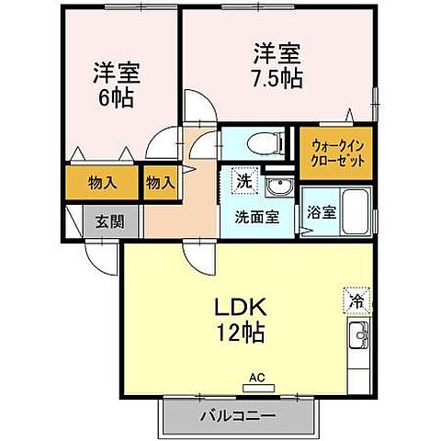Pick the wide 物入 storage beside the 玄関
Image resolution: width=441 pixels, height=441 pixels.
point(102,181)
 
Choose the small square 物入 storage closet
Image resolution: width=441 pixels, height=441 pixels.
point(160,181)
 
